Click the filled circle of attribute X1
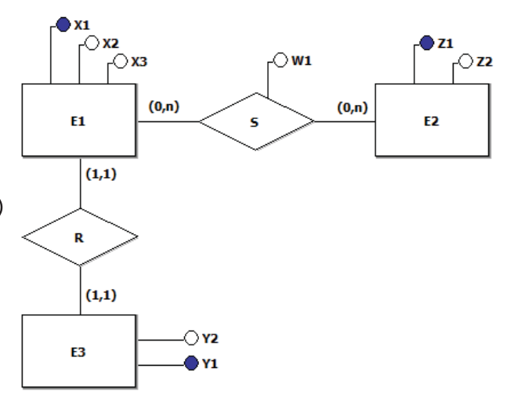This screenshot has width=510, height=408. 63,25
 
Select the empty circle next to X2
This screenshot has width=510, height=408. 92,43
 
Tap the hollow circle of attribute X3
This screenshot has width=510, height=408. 121,61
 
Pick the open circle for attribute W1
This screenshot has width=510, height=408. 280,60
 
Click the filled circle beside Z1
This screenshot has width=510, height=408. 427,43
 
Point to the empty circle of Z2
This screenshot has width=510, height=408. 465,61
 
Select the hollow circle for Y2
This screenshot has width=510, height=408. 191,338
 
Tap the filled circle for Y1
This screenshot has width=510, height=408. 191,363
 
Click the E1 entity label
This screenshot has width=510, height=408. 78,121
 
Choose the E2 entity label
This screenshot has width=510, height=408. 432,121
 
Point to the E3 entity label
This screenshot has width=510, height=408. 78,352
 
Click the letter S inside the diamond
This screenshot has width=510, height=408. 255,122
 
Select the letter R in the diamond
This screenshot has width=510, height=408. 78,238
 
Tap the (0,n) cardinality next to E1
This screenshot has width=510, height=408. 164,107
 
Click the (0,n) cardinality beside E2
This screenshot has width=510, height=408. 353,107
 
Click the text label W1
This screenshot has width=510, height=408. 302,61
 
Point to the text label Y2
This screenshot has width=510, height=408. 210,338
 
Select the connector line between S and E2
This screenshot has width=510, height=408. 345,121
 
